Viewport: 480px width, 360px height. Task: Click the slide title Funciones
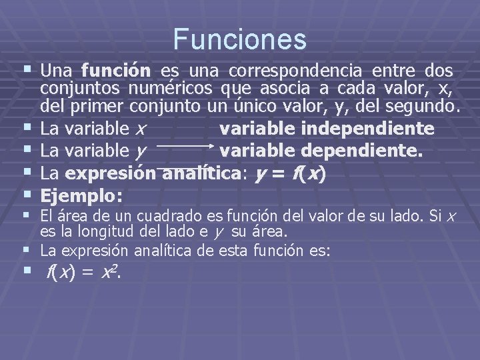[240, 39]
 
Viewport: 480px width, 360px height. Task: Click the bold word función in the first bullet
[117, 71]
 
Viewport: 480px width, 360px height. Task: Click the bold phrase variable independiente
[327, 127]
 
